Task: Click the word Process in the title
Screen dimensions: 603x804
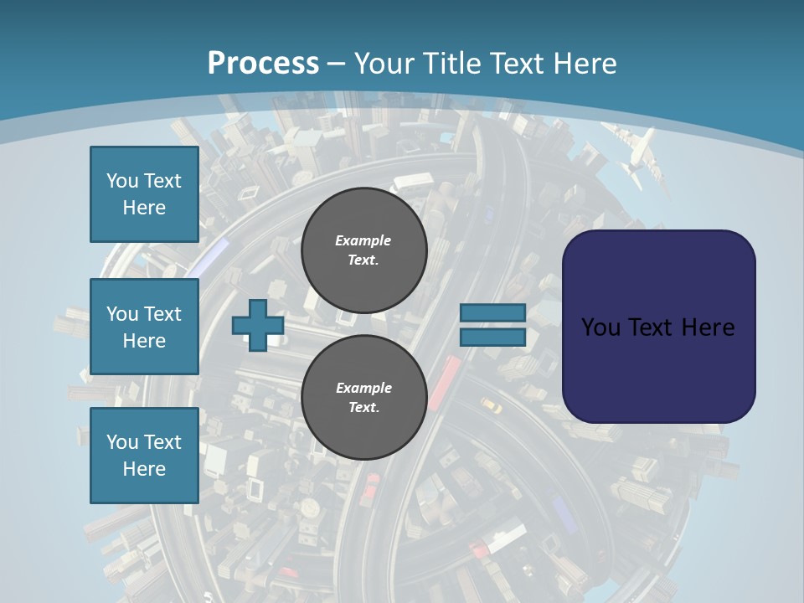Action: tap(263, 64)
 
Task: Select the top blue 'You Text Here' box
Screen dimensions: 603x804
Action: tap(144, 194)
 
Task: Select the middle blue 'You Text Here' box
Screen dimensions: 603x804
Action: tap(144, 327)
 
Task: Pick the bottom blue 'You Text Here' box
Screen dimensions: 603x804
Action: tap(144, 456)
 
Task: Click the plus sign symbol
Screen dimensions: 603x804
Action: tap(258, 325)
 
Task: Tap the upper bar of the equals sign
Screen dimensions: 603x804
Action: tap(492, 313)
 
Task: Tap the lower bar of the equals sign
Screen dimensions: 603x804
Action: tap(492, 337)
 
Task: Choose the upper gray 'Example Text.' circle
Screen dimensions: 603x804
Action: tap(363, 250)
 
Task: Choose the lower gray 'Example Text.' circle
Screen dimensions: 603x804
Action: tap(363, 398)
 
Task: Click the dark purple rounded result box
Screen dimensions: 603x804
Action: tap(658, 327)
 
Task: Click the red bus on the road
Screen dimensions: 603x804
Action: tap(445, 382)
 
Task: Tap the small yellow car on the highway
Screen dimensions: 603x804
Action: tap(491, 406)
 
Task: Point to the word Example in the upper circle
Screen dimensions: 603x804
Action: tap(363, 241)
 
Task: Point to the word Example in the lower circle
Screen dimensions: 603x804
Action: tap(363, 389)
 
